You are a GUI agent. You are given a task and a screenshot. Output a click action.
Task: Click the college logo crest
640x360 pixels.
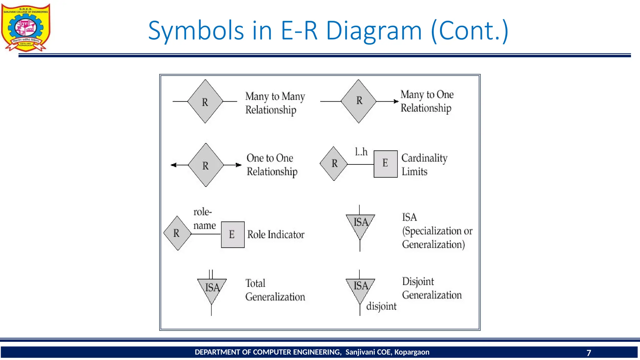pos(26,27)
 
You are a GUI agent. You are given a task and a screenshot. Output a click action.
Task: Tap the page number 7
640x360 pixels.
pos(589,352)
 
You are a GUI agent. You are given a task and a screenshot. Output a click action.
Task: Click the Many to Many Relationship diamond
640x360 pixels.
pos(205,102)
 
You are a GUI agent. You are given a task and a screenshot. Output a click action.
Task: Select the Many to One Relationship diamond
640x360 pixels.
pos(358,101)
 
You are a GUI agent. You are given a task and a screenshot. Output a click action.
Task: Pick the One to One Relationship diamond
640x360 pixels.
pos(206,165)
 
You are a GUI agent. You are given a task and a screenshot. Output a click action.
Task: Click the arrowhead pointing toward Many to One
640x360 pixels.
pos(396,101)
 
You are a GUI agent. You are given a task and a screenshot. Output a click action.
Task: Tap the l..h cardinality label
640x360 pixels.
pos(361,152)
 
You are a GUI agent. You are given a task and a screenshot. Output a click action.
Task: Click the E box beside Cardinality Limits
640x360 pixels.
pos(386,164)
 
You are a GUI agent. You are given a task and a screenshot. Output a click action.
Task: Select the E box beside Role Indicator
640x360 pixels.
pos(232,234)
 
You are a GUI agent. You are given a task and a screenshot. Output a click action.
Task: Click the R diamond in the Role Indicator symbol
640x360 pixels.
pos(177,233)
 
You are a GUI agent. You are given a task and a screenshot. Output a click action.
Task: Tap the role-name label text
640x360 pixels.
pos(204,218)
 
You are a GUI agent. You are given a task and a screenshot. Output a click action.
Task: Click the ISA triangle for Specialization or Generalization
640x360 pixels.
pos(360,226)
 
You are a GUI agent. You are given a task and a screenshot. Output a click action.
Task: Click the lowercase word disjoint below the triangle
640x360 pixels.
pos(381,306)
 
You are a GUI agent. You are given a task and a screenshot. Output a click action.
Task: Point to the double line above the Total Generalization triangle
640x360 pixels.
pos(211,274)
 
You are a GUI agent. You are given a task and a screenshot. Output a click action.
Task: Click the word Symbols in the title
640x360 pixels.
pos(196,31)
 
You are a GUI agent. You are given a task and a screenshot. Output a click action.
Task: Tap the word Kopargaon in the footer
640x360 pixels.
pos(412,352)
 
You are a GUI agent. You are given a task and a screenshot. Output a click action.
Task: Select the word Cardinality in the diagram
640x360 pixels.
pos(424,158)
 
